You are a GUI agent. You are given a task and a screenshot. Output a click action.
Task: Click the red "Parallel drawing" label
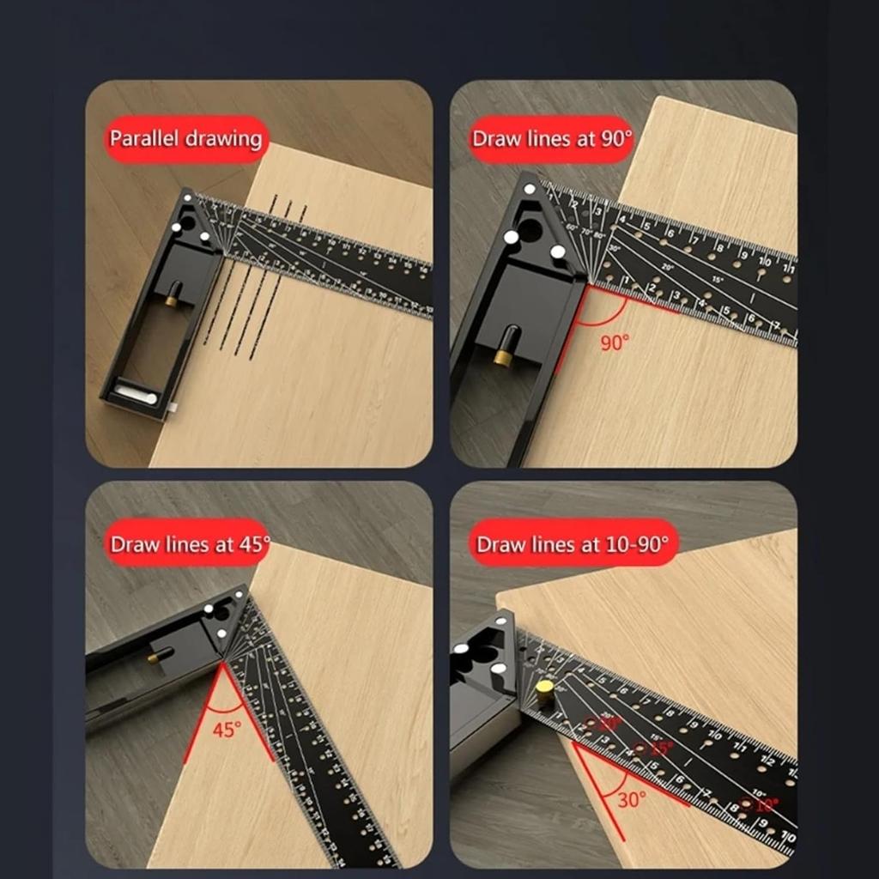click(185, 139)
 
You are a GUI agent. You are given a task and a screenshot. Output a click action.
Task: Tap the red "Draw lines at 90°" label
click(551, 139)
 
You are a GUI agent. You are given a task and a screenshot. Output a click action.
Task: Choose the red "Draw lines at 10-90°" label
click(571, 544)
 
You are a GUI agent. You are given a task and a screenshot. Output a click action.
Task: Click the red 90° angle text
click(615, 343)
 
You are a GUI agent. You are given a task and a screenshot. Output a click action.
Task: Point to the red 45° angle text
click(227, 730)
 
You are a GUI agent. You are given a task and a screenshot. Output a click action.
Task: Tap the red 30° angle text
click(632, 799)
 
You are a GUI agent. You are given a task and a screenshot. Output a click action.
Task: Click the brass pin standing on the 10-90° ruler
click(544, 692)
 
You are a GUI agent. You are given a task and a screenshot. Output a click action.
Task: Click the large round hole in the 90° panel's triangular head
click(529, 229)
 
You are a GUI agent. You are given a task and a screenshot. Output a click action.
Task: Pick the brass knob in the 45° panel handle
click(158, 657)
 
